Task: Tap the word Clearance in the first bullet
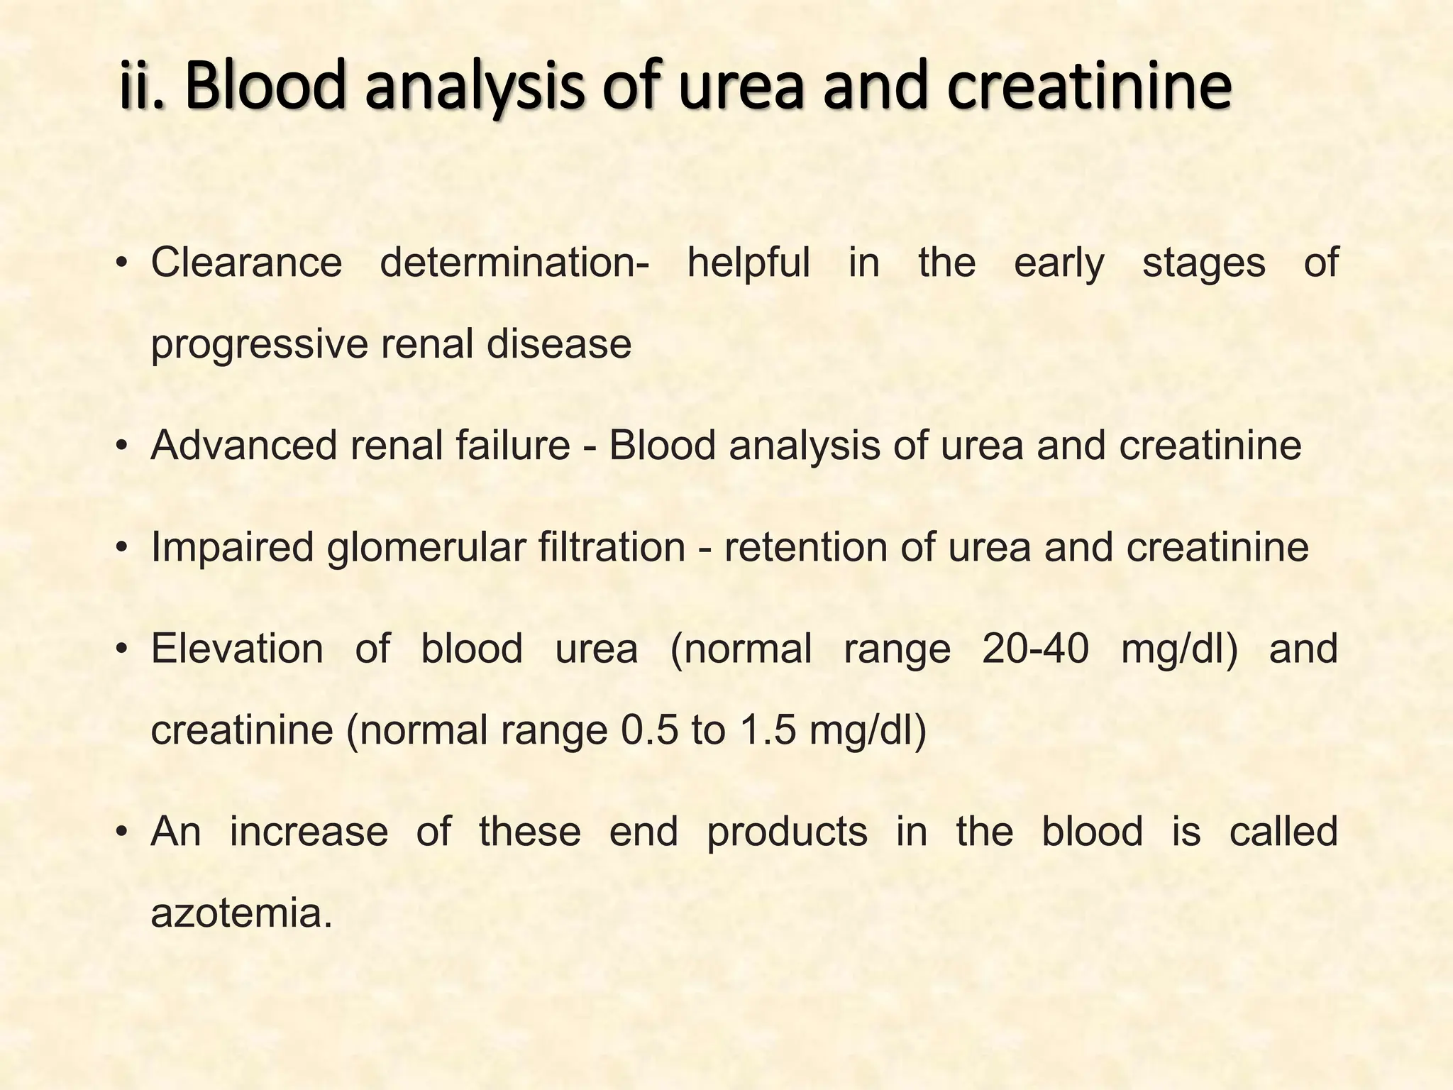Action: pos(246,263)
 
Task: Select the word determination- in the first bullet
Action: pos(514,263)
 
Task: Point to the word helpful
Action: pos(748,263)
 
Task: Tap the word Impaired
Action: pos(231,548)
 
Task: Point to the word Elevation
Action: pos(237,649)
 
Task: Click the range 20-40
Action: pos(1035,649)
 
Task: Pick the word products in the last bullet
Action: pos(787,832)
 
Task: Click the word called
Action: pos(1283,832)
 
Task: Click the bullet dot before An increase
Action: pos(122,832)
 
